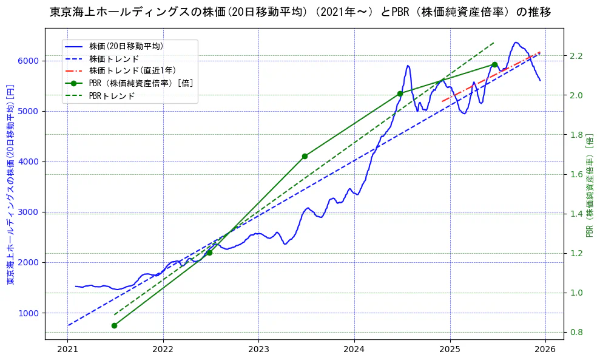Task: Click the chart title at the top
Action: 300,12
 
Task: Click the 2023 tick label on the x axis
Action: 258,349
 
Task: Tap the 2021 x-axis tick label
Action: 67,349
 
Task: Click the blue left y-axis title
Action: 10,183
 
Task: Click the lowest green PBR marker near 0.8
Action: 114,325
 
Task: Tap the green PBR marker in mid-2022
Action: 209,253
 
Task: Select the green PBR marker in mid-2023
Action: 305,156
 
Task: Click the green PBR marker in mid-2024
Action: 400,93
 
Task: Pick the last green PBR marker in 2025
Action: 494,64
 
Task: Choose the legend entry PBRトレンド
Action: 112,96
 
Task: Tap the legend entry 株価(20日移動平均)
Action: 126,46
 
